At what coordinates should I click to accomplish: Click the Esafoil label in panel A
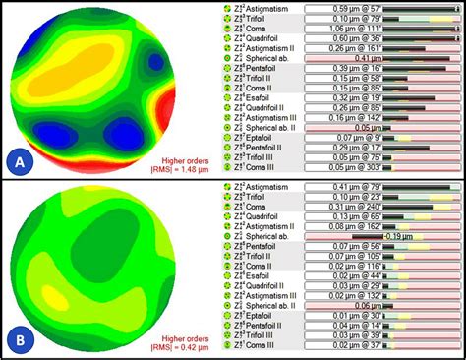pyautogui.click(x=257, y=98)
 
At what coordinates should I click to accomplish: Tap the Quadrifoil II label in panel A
pyautogui.click(x=264, y=108)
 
